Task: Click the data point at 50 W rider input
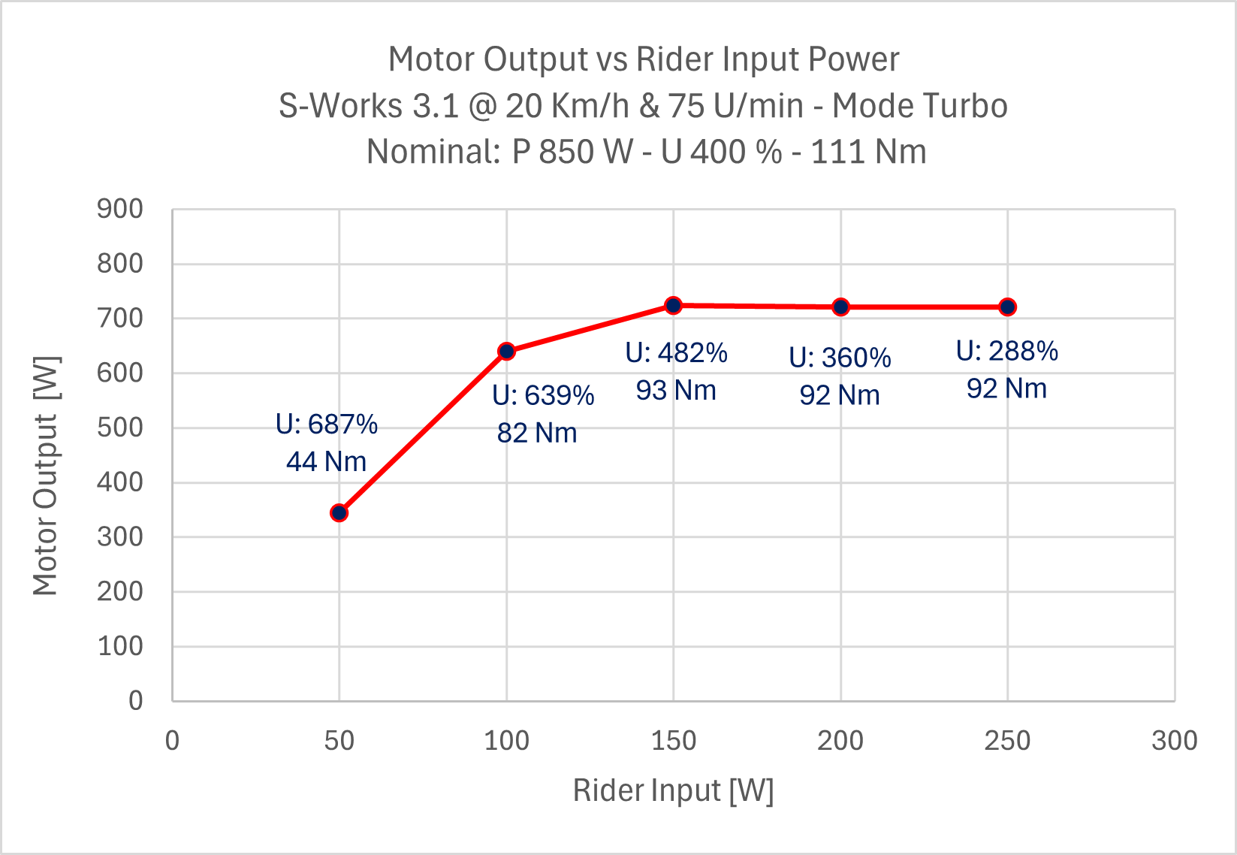(x=339, y=513)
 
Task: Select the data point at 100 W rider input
(x=506, y=351)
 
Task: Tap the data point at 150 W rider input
(x=674, y=306)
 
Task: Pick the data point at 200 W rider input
(x=841, y=307)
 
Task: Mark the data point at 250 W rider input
(x=1008, y=307)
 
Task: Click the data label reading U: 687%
(x=327, y=424)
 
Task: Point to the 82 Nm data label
(x=537, y=433)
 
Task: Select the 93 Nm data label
(x=676, y=390)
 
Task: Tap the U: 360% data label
(x=840, y=358)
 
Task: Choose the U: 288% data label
(x=1007, y=351)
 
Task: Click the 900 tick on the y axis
(x=120, y=209)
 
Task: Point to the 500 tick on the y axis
(x=120, y=427)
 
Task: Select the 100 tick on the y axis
(x=120, y=646)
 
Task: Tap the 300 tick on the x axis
(x=1175, y=741)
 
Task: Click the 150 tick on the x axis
(x=674, y=741)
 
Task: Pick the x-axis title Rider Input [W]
(x=673, y=790)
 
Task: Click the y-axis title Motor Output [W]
(x=46, y=476)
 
